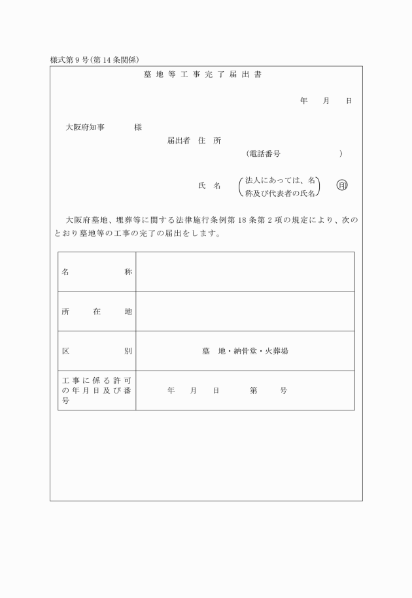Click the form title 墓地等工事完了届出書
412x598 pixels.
pyautogui.click(x=203, y=75)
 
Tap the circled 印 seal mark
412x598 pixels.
pyautogui.click(x=342, y=186)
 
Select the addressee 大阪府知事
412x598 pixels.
pyautogui.click(x=90, y=127)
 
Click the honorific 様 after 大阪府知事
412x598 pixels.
pyautogui.click(x=138, y=127)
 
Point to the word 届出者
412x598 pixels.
pyautogui.click(x=179, y=141)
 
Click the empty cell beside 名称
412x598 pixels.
pyautogui.click(x=245, y=271)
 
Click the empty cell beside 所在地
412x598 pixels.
pyautogui.click(x=245, y=311)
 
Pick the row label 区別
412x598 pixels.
pyautogui.click(x=97, y=351)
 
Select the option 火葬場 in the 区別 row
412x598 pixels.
pyautogui.click(x=276, y=351)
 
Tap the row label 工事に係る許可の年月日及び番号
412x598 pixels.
pyautogui.click(x=97, y=390)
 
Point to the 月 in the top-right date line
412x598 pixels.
pyautogui.click(x=326, y=101)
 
